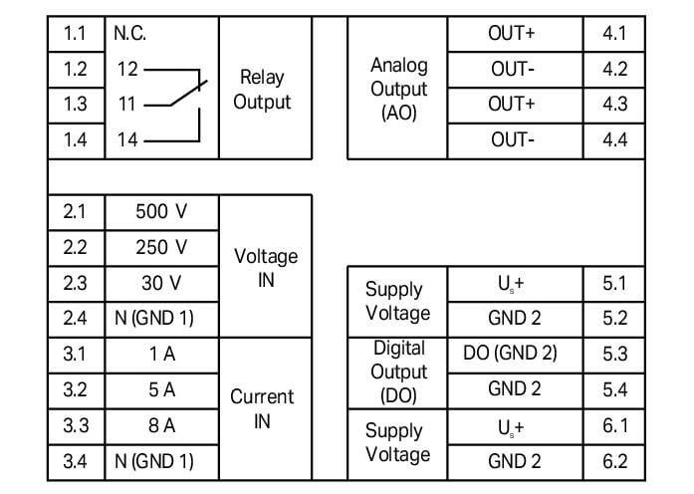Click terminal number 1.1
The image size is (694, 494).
[76, 34]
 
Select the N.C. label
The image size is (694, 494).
[129, 34]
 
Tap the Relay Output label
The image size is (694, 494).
[262, 90]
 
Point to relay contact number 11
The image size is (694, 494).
[127, 104]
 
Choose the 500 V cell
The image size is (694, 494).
[161, 211]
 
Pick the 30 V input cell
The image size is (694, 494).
[161, 283]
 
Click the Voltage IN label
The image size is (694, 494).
[265, 268]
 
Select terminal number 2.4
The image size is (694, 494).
[76, 319]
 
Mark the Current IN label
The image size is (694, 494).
[262, 408]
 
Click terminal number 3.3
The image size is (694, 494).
[76, 426]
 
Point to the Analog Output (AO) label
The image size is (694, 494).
[398, 90]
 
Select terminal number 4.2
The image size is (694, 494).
[614, 70]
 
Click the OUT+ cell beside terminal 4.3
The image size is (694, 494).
[512, 105]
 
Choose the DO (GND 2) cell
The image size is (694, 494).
[511, 354]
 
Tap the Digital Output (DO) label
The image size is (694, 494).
[398, 371]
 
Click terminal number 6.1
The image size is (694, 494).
[614, 426]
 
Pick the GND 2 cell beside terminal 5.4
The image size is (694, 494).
[515, 389]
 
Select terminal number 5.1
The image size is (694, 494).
[614, 284]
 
